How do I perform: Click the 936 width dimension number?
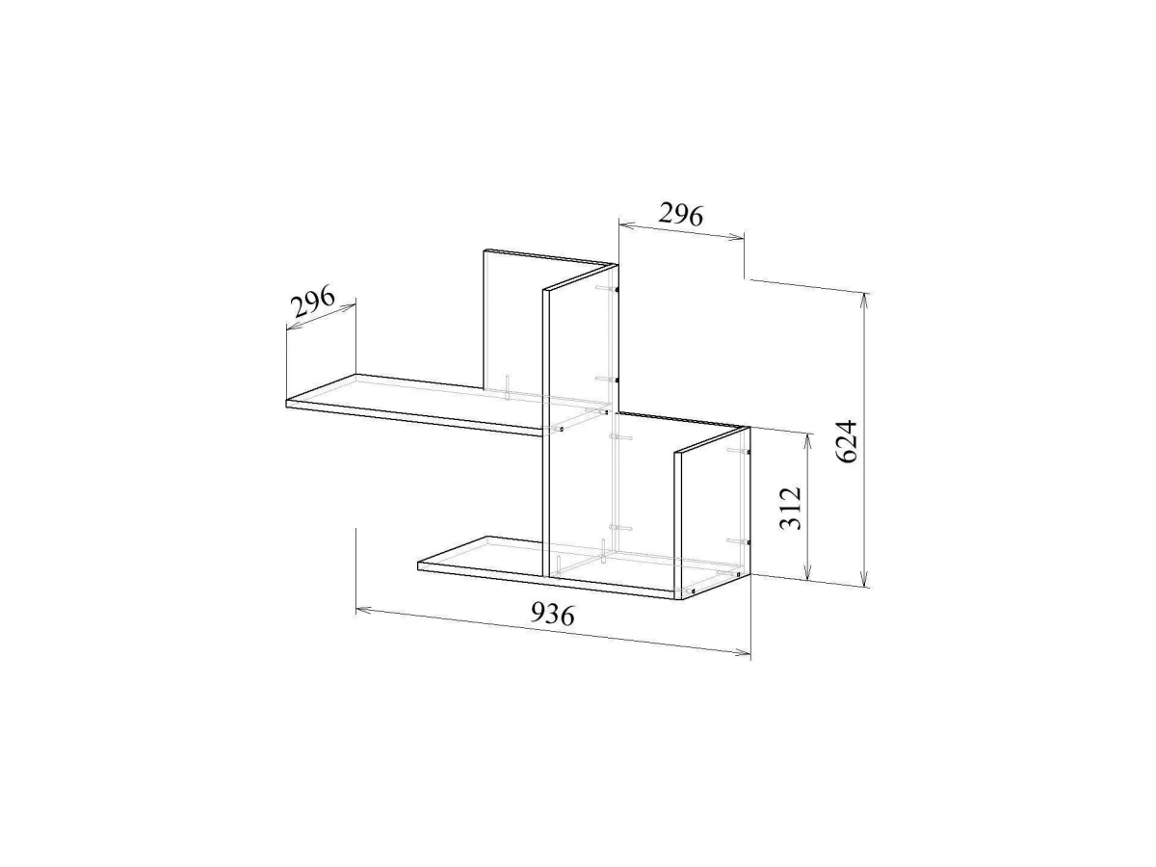point(552,615)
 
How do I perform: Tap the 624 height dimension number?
point(847,441)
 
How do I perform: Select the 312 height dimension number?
point(790,508)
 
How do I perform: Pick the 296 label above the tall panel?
point(681,215)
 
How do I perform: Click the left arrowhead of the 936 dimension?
point(364,611)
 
